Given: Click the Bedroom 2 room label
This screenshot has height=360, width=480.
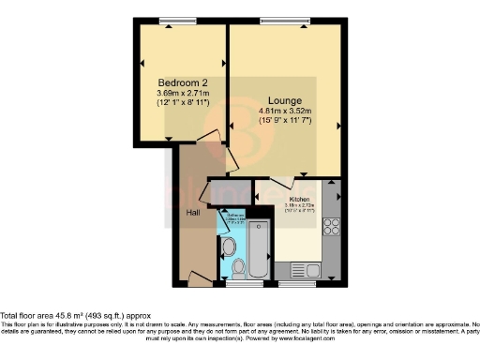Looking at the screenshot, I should (x=182, y=82).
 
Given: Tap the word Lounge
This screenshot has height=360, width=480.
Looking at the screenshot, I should (x=283, y=99).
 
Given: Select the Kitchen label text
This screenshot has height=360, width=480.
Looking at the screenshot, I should (x=300, y=199).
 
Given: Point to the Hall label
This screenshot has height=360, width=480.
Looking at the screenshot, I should (x=192, y=213).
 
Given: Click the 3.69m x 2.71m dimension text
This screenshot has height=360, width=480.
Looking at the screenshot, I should (x=182, y=94).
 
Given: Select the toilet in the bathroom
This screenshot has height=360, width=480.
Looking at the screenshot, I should (x=238, y=269).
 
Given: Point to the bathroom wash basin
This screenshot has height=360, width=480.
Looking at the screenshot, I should (x=228, y=247).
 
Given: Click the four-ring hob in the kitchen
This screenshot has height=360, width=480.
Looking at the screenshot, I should (x=331, y=226).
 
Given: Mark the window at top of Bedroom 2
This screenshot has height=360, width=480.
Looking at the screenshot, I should (x=172, y=22).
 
